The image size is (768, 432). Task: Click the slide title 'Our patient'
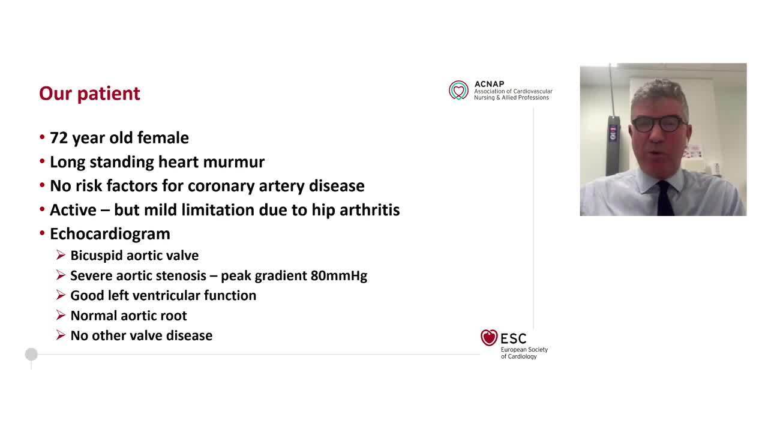pos(89,94)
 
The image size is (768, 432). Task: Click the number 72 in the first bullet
pos(59,138)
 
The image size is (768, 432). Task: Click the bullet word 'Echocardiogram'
pos(110,233)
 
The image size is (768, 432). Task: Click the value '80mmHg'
pos(338,276)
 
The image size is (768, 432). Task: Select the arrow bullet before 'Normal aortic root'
pos(61,316)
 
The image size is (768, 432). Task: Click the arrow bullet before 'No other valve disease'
pos(61,335)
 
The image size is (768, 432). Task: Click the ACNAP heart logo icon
pos(459,90)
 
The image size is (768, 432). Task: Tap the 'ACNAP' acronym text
pos(489,84)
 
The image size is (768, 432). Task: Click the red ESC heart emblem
pos(489,338)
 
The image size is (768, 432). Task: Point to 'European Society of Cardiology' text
pos(524,353)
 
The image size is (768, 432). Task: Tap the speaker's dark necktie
pos(664,198)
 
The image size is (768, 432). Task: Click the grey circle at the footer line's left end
pos(31,355)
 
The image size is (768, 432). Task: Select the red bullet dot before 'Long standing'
pos(43,162)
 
